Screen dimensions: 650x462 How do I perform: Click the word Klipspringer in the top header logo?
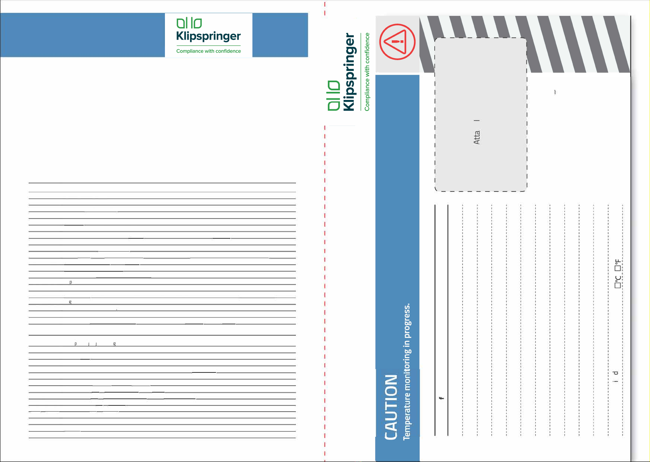[x=208, y=36]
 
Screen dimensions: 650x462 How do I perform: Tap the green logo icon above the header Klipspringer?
[x=189, y=23]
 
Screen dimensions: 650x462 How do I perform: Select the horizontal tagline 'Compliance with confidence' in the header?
[x=208, y=51]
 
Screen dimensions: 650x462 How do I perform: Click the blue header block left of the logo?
[x=82, y=35]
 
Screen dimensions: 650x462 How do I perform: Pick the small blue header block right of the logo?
[x=280, y=35]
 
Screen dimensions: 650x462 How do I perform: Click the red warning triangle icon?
[x=397, y=41]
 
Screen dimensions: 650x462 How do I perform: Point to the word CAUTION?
[x=391, y=407]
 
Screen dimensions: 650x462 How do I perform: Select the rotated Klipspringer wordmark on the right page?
[x=349, y=72]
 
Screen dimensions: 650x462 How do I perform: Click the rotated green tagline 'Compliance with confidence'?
[x=367, y=72]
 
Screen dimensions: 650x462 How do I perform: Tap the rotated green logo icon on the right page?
[x=333, y=95]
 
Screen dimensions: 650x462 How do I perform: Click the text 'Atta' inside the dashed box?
[x=477, y=137]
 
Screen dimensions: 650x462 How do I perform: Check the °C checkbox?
[x=617, y=285]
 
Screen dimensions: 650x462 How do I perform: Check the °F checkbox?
[x=617, y=267]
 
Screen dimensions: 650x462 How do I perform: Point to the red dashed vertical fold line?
[x=325, y=271]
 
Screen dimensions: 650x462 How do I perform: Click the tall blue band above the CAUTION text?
[x=397, y=221]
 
